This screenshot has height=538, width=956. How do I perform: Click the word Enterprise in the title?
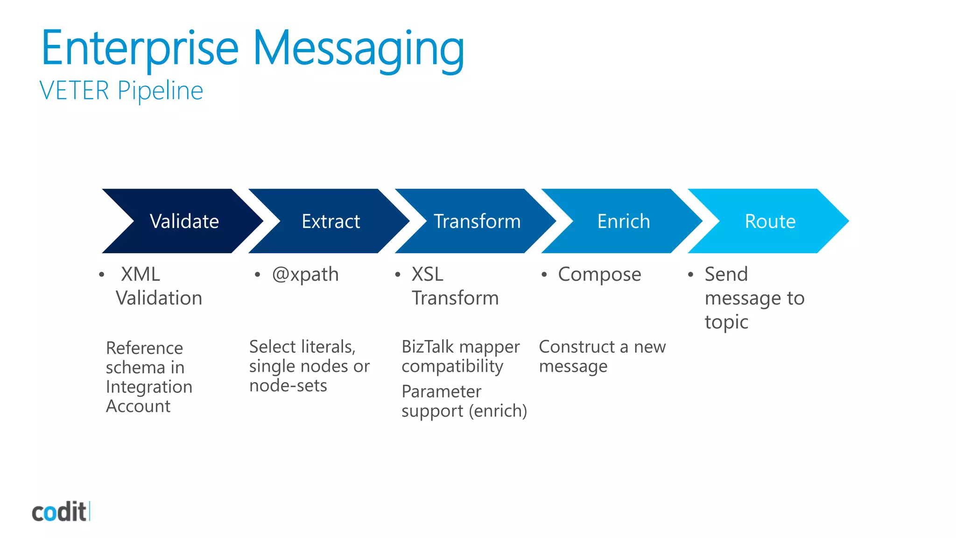[x=140, y=49]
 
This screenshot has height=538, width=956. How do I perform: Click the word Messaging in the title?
[x=358, y=50]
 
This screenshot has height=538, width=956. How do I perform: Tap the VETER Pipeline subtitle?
[x=121, y=91]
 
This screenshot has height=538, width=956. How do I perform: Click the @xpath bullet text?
[x=305, y=275]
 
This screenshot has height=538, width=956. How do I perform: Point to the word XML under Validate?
[x=141, y=274]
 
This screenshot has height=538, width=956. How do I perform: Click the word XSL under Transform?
[x=428, y=274]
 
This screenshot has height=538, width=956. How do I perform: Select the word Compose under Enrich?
[x=599, y=275]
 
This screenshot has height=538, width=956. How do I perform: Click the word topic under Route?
[x=726, y=322]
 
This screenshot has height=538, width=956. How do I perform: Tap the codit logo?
[x=60, y=512]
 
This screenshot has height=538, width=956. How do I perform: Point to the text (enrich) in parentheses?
[x=498, y=411]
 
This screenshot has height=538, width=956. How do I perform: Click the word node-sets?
[x=288, y=386]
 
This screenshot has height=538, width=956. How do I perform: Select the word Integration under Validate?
[x=149, y=387]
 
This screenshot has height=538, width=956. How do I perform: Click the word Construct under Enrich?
[x=576, y=347]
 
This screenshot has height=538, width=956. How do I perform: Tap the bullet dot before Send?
[x=690, y=275]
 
